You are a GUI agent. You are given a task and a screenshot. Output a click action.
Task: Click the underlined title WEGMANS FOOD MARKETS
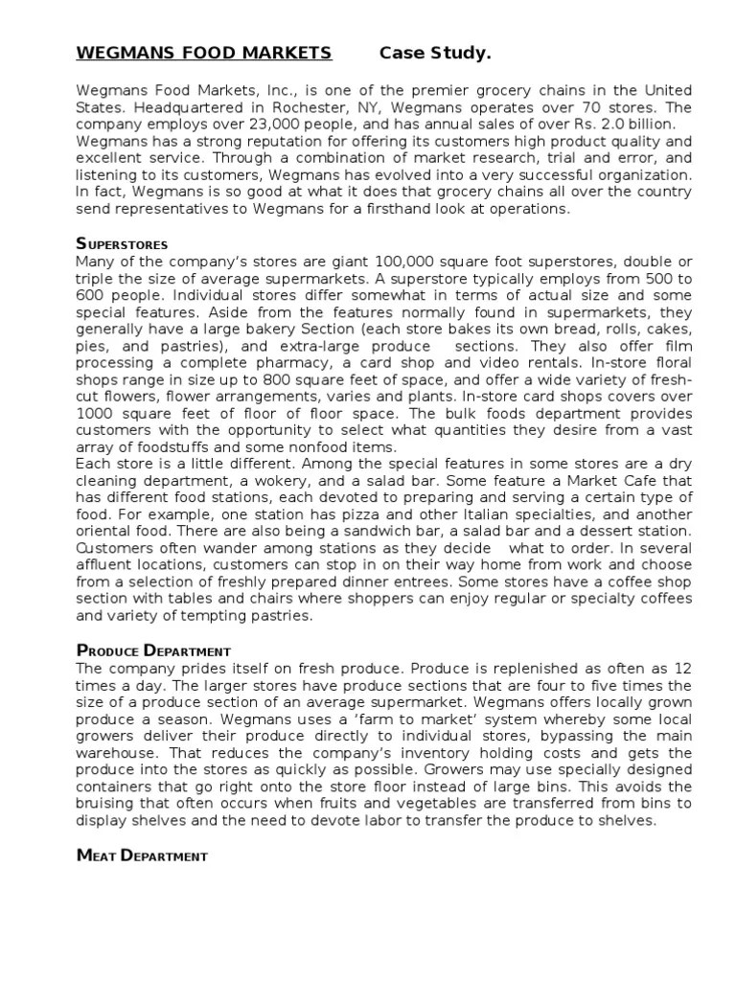(204, 53)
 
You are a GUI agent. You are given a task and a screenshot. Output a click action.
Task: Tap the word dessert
(608, 531)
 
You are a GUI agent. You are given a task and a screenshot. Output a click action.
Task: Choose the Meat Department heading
(142, 855)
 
